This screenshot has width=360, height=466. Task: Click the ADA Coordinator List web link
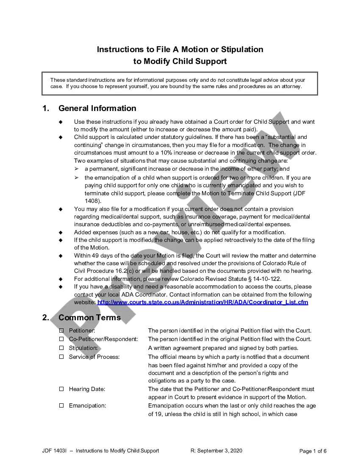[203, 302]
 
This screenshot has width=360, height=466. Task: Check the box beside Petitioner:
[61, 330]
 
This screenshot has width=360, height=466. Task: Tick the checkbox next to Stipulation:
[61, 348]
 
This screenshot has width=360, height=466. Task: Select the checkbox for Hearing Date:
[61, 389]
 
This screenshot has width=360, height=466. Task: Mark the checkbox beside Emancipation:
[61, 405]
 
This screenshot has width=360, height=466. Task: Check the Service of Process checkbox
[61, 357]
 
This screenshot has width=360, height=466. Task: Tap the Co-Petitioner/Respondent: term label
[103, 339]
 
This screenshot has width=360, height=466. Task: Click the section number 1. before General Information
[46, 108]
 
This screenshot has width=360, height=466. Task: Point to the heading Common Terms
[89, 318]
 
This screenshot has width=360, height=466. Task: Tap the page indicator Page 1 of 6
[313, 451]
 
